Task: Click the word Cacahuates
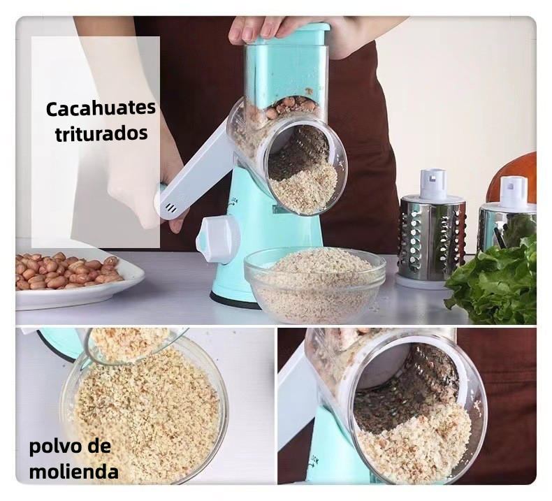[101, 108]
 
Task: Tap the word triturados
[101, 133]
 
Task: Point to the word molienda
[74, 472]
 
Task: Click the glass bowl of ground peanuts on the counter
[315, 284]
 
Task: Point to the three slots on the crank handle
[171, 208]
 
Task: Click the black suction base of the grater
[234, 301]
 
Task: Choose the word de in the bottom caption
[99, 446]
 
